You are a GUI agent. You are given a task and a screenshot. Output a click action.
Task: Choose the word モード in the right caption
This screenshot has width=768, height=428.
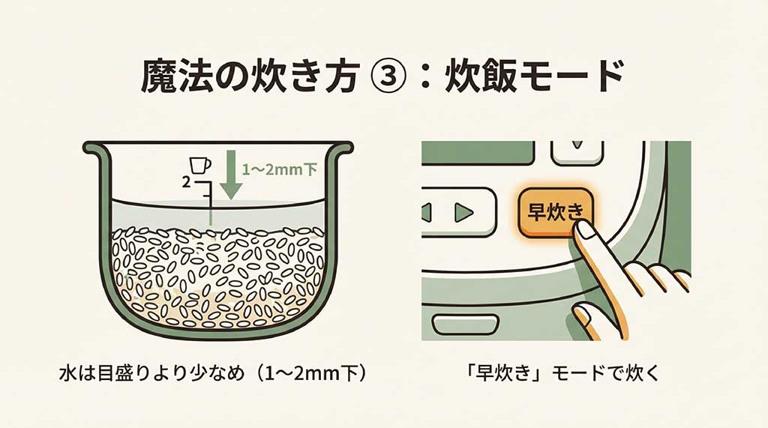pyautogui.click(x=577, y=373)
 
